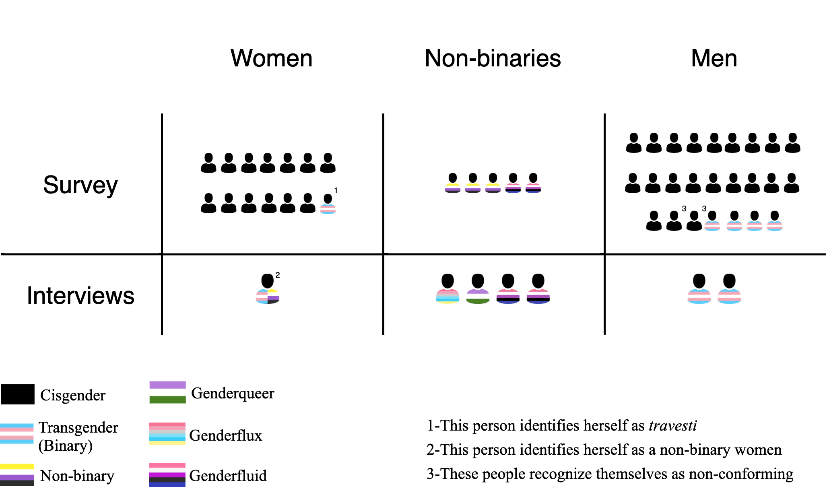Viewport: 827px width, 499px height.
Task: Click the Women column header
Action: [x=271, y=58]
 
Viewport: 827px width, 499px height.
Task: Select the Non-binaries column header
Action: [x=493, y=58]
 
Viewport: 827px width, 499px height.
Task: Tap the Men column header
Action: [x=714, y=58]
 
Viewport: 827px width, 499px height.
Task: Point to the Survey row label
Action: [x=80, y=185]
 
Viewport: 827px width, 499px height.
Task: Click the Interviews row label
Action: [x=80, y=296]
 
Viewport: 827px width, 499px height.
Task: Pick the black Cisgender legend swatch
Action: [x=18, y=394]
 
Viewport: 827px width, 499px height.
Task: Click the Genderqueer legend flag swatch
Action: [x=167, y=392]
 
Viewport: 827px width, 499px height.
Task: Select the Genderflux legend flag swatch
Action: [x=167, y=433]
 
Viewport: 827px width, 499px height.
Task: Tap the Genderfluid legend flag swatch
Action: [x=167, y=475]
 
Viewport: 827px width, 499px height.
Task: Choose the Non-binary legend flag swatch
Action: [x=17, y=475]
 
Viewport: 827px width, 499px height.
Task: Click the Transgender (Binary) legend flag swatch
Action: [x=17, y=433]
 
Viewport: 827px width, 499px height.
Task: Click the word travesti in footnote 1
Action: [x=672, y=426]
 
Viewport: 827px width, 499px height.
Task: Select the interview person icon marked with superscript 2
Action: [x=268, y=289]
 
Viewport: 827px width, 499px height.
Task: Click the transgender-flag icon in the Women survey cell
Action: [x=328, y=204]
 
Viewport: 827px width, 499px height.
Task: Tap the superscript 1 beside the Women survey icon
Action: [x=336, y=190]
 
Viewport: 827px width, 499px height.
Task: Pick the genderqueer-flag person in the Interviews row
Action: [x=478, y=289]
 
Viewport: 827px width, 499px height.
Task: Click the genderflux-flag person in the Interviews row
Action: [x=448, y=289]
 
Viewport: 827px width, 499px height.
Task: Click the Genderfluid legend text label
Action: [x=228, y=476]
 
